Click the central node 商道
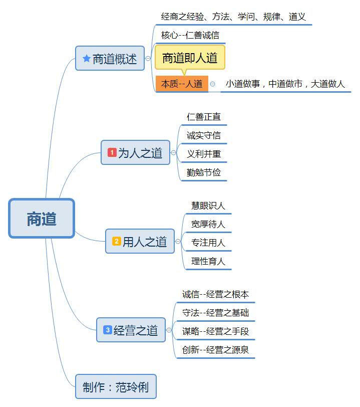click(x=42, y=219)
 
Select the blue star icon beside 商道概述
click(x=86, y=59)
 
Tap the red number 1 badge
click(x=112, y=152)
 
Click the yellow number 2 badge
click(x=116, y=241)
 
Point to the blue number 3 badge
click(x=107, y=330)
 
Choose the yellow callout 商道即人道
click(x=190, y=58)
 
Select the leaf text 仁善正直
click(x=203, y=117)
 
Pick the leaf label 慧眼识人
click(x=208, y=206)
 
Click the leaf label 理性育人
click(x=208, y=261)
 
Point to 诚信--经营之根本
click(x=215, y=294)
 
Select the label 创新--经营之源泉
click(x=215, y=350)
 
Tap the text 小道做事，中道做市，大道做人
click(x=285, y=84)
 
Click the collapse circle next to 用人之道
click(x=178, y=242)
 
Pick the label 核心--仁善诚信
click(x=190, y=36)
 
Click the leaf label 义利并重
click(x=203, y=154)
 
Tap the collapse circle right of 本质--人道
click(x=213, y=84)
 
